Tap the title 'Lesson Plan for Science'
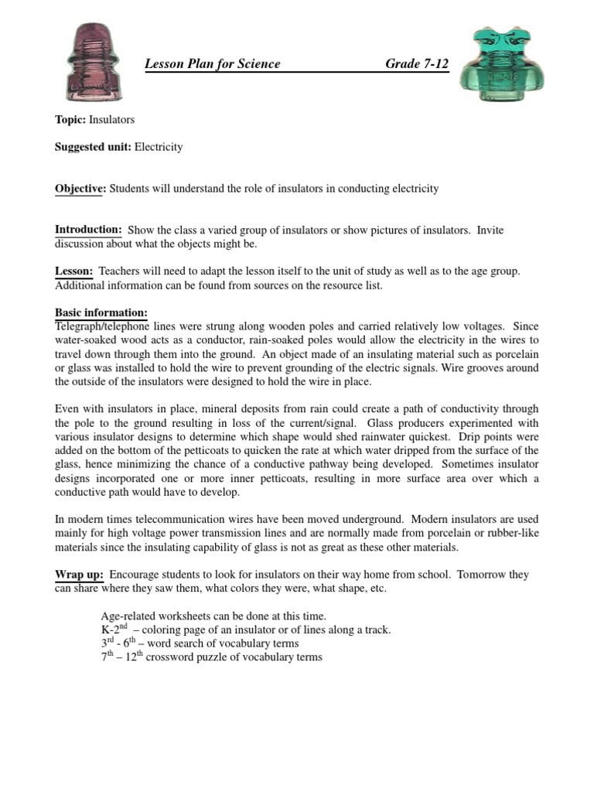[x=213, y=64]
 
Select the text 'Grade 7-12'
[x=417, y=64]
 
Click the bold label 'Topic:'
[x=70, y=120]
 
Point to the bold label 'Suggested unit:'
[x=93, y=146]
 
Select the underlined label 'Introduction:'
[x=88, y=230]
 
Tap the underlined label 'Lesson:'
[x=73, y=271]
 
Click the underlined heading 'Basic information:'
[x=101, y=312]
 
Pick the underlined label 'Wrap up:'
[x=79, y=574]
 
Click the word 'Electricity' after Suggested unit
[x=159, y=146]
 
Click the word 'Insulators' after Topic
[x=112, y=120]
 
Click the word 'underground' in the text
[x=370, y=518]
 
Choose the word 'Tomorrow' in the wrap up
[x=484, y=574]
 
